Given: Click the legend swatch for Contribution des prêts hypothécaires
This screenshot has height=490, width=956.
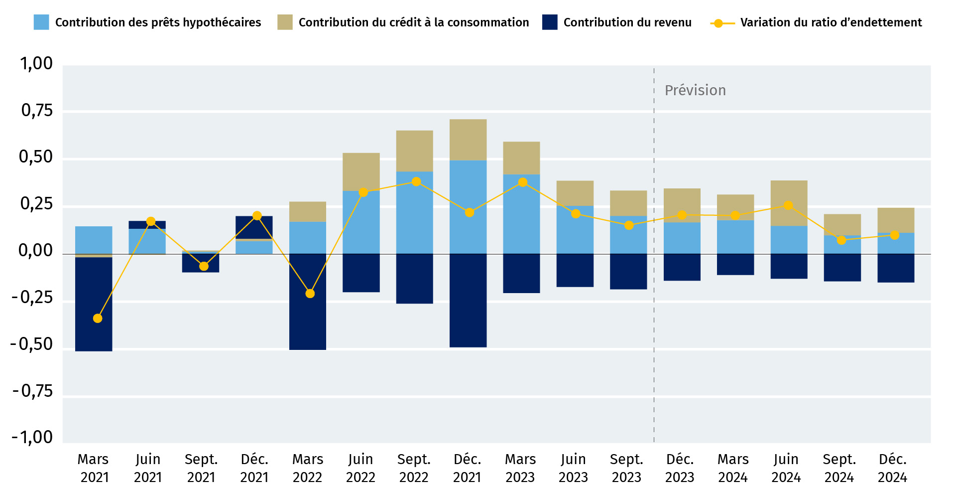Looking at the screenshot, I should tap(41, 22).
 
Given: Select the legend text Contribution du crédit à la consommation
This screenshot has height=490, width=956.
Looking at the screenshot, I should tap(413, 22).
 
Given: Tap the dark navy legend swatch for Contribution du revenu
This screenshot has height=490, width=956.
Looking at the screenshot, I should tap(550, 22).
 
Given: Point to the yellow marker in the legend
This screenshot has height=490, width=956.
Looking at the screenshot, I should tap(718, 23).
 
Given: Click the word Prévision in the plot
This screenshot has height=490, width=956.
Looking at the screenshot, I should tap(695, 90).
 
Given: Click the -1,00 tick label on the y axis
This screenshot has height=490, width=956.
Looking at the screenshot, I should tap(32, 437).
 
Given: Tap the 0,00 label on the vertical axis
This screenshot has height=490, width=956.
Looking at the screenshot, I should tap(35, 250).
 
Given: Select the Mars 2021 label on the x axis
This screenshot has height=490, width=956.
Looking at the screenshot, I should tap(94, 468).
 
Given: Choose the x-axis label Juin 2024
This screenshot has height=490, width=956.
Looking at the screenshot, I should tap(786, 468).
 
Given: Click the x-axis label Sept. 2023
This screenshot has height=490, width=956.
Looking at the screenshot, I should tap(626, 468).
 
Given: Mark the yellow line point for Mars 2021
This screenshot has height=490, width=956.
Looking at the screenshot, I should tap(98, 318).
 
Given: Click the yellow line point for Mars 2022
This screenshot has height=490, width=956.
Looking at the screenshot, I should tap(310, 294).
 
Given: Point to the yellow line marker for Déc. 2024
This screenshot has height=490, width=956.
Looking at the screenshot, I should tap(894, 235).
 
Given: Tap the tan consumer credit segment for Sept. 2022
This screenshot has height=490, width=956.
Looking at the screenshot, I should tap(414, 151).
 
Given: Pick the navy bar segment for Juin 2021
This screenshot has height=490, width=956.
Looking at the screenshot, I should tap(147, 225).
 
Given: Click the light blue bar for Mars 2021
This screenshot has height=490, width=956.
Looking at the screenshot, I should tap(94, 240).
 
